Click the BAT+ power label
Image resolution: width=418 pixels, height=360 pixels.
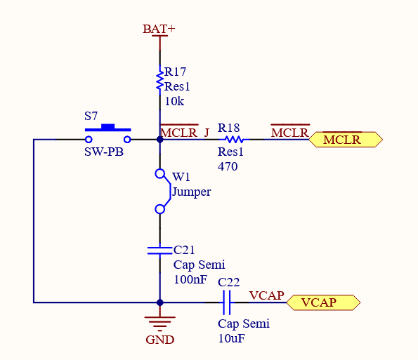pyautogui.click(x=159, y=29)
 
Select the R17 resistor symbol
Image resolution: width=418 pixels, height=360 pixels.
pyautogui.click(x=160, y=79)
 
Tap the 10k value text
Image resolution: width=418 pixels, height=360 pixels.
pyautogui.click(x=174, y=101)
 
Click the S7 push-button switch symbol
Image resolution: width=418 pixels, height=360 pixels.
pyautogui.click(x=108, y=130)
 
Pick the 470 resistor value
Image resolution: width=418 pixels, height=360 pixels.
pyautogui.click(x=228, y=167)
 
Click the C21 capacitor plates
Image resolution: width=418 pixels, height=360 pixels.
pyautogui.click(x=160, y=249)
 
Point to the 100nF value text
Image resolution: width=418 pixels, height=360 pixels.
pyautogui.click(x=190, y=279)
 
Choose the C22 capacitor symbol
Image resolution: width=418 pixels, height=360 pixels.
pyautogui.click(x=226, y=302)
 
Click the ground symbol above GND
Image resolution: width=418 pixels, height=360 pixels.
pyautogui.click(x=160, y=322)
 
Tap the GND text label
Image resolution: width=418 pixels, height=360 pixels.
pyautogui.click(x=159, y=340)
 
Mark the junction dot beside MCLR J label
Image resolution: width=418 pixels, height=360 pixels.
pyautogui.click(x=160, y=140)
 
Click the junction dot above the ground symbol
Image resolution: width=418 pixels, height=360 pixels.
pyautogui.click(x=160, y=302)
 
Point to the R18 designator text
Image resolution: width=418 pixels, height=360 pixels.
pyautogui.click(x=228, y=128)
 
